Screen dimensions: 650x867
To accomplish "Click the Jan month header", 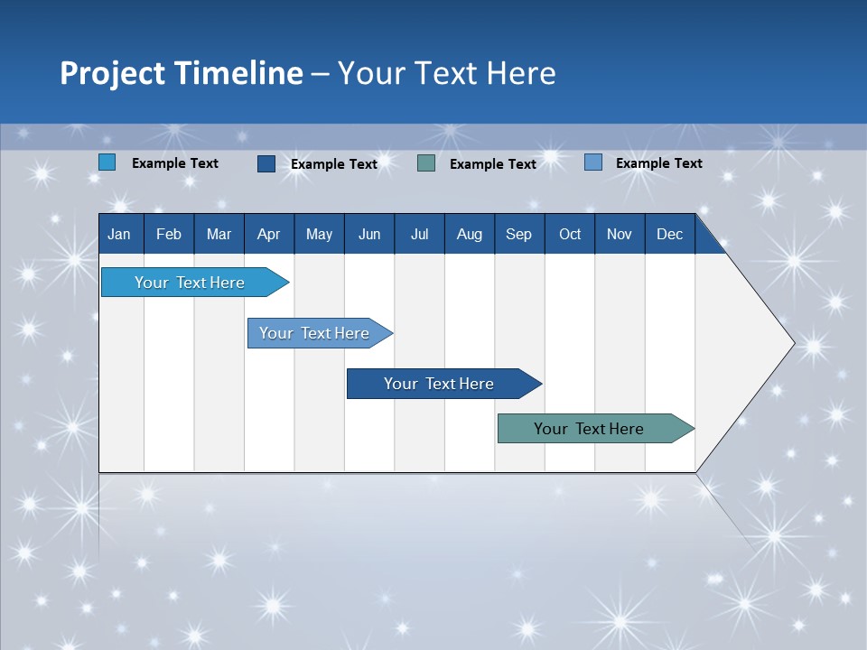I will (x=119, y=235).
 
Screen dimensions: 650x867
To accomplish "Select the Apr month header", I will (x=268, y=235).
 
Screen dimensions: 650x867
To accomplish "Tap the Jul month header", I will (x=419, y=235).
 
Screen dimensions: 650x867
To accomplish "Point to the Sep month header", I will (x=518, y=235).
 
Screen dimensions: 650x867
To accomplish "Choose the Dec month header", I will (x=669, y=235).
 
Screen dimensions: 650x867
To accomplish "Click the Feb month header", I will (x=169, y=235).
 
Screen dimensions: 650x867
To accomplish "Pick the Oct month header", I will (x=570, y=235).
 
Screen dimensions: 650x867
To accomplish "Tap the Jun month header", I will (x=369, y=235).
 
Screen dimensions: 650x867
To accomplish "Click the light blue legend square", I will (x=107, y=162).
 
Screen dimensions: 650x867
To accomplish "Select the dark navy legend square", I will (x=266, y=163).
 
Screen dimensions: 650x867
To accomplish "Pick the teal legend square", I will (x=426, y=163).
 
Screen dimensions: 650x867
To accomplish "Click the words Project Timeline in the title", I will (x=182, y=73).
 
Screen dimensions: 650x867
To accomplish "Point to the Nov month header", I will (x=620, y=235).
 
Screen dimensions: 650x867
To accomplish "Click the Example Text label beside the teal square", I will (x=493, y=164).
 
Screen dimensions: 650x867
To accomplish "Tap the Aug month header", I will (x=470, y=235).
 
